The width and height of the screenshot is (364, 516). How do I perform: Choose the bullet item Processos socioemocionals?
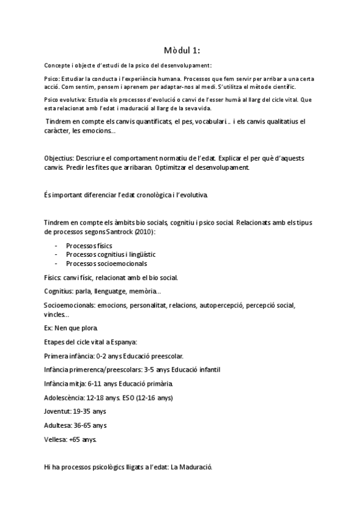(106, 263)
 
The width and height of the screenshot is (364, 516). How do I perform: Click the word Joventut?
(59, 412)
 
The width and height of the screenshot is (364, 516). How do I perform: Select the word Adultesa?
(60, 425)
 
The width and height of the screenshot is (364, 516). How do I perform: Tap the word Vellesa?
(56, 439)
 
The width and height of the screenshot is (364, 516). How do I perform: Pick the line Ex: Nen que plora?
(71, 328)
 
